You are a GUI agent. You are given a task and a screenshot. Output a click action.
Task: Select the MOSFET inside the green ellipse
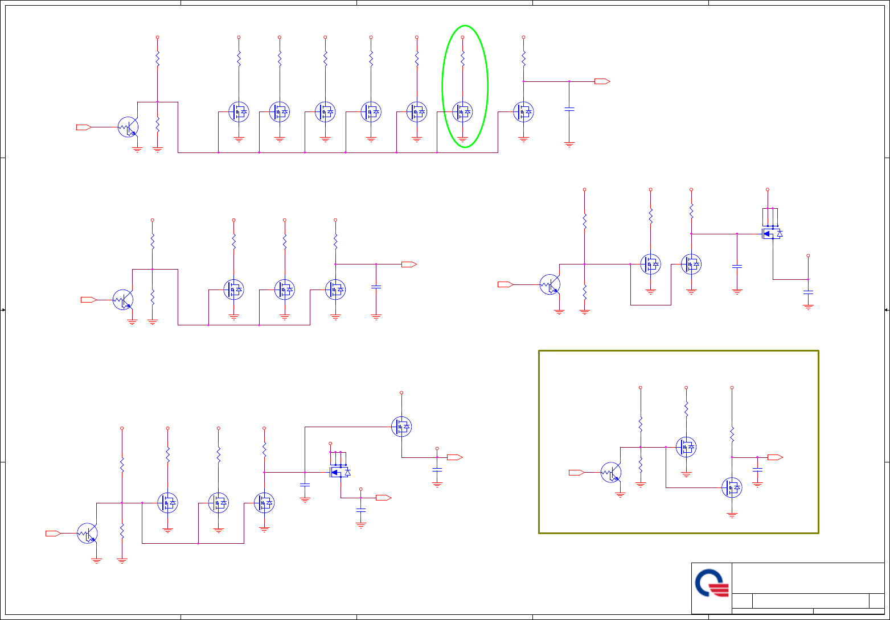pyautogui.click(x=462, y=112)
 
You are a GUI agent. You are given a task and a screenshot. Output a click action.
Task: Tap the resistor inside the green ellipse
pyautogui.click(x=462, y=58)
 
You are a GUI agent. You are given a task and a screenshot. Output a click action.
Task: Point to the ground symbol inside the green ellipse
pyautogui.click(x=462, y=139)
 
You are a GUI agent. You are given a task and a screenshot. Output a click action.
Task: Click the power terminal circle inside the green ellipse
pyautogui.click(x=462, y=37)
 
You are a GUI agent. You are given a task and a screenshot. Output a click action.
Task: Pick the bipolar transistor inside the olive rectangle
pyautogui.click(x=611, y=472)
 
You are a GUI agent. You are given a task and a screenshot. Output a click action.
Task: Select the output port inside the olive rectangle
pyautogui.click(x=775, y=457)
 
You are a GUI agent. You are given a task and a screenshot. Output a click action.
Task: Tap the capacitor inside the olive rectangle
pyautogui.click(x=757, y=469)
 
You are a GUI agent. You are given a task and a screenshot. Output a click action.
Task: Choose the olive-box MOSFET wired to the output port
pyautogui.click(x=732, y=487)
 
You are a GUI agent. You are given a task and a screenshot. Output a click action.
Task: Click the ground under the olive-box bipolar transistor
pyautogui.click(x=620, y=495)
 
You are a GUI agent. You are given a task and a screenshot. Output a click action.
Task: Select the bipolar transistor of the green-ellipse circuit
pyautogui.click(x=128, y=127)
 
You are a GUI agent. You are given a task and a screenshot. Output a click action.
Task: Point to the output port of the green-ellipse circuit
pyautogui.click(x=602, y=81)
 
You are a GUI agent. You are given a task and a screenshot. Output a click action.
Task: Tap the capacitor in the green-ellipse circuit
pyautogui.click(x=569, y=108)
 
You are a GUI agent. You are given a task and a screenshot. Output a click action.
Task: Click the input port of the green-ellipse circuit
pyautogui.click(x=84, y=127)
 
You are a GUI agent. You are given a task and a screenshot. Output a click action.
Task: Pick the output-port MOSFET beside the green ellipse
pyautogui.click(x=523, y=112)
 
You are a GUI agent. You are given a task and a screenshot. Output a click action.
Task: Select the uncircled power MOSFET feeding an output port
pyautogui.click(x=340, y=472)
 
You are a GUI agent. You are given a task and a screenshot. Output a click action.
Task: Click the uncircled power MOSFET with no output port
pyautogui.click(x=772, y=233)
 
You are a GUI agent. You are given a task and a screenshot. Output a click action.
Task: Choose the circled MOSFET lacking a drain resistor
pyautogui.click(x=401, y=427)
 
